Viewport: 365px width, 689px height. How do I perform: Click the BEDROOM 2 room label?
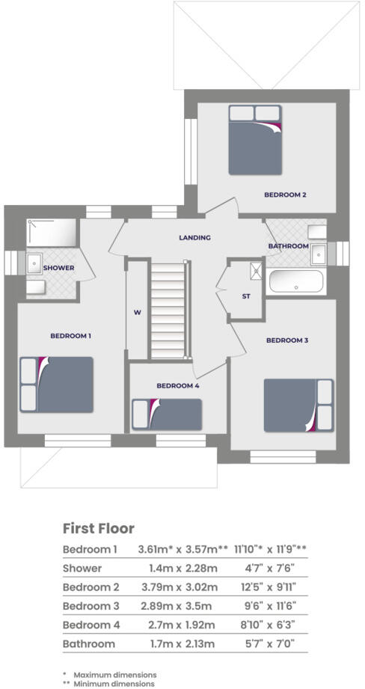285,195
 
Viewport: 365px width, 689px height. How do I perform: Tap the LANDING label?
194,237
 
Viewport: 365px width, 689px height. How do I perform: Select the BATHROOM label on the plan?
289,246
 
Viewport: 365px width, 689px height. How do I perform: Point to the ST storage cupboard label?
246,296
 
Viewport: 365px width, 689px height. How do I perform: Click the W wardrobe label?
138,313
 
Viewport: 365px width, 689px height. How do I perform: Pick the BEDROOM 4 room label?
178,386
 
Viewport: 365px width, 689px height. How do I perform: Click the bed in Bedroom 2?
256,140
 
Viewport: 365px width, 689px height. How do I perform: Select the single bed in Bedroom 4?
167,414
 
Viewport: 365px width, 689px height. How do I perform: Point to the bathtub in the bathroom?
295,282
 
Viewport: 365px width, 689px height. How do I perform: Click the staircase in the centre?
168,310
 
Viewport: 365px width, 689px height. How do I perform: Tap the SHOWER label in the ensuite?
58,268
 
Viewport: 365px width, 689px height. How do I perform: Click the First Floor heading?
98,528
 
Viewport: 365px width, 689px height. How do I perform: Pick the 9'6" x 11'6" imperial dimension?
270,605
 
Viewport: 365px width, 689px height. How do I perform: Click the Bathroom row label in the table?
88,643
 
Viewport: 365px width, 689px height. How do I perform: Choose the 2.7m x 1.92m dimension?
178,625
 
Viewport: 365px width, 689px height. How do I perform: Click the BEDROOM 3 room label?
288,340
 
